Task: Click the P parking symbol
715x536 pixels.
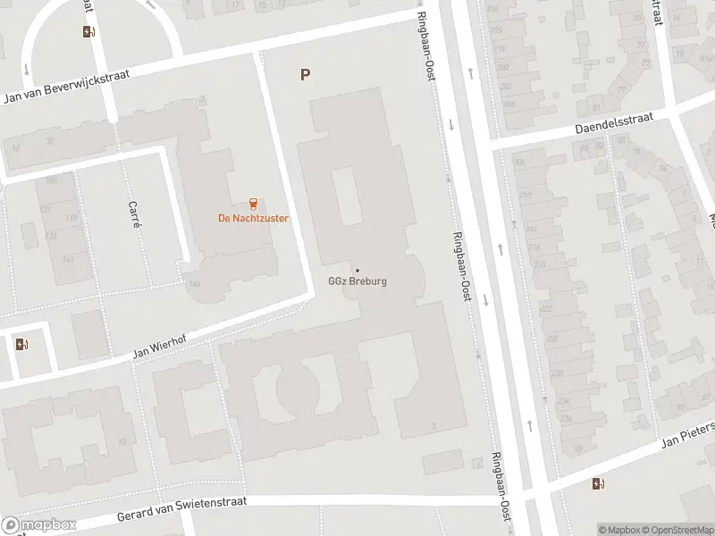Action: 305,75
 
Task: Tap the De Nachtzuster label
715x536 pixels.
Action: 254,218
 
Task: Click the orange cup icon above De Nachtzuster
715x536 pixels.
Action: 254,203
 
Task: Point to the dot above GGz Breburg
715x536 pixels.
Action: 357,271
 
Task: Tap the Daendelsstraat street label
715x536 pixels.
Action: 615,123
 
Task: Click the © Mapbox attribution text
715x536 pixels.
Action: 618,530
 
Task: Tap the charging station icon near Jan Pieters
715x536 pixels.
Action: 597,484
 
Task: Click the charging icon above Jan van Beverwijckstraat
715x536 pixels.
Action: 88,32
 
